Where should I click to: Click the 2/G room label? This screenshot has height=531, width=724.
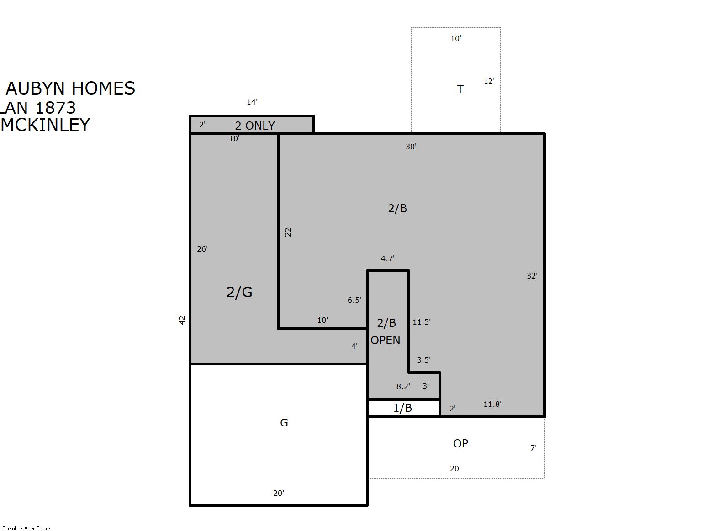(239, 292)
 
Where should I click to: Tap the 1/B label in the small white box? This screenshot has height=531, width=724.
(402, 408)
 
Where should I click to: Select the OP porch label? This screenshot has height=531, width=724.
(460, 443)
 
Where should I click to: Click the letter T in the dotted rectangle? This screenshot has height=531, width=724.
(460, 89)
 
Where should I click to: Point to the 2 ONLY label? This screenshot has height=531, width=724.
(255, 126)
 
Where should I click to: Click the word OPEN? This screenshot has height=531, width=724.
(385, 341)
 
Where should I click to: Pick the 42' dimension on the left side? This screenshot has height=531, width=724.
(182, 320)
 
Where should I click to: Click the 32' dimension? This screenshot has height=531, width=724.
(532, 276)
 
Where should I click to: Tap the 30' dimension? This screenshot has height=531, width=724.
(411, 147)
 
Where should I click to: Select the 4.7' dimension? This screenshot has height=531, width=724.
(387, 258)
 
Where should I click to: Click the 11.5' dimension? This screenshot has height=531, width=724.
(422, 322)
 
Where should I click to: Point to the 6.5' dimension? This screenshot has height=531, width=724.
(354, 300)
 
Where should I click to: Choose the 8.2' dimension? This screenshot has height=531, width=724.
(403, 386)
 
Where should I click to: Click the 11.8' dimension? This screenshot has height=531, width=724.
(492, 404)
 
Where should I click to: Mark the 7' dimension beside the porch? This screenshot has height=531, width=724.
(534, 448)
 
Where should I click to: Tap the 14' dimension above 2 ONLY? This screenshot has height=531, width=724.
(252, 102)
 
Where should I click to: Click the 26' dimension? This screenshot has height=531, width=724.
(202, 249)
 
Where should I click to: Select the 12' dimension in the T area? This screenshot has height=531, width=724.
(489, 81)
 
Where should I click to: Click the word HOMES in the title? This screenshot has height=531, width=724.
(103, 88)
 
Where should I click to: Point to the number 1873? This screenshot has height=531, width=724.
(55, 108)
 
